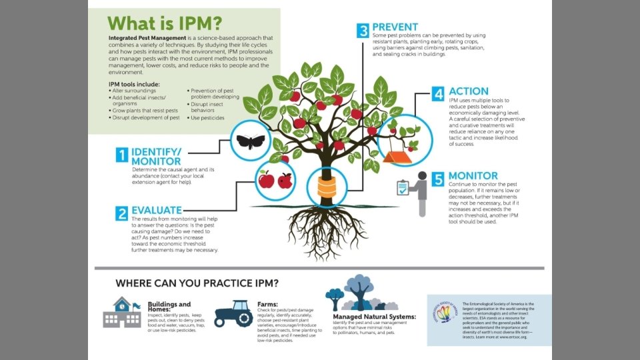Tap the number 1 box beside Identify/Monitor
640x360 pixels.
tap(121, 155)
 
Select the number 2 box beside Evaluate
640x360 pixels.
tap(121, 213)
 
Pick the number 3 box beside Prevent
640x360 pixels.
tap(363, 31)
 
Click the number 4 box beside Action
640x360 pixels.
tap(437, 93)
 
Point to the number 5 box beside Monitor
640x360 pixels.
tap(437, 179)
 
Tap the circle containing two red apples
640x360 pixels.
tap(275, 179)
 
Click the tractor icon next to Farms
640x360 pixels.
tap(233, 313)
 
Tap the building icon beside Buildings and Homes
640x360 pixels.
tap(121, 313)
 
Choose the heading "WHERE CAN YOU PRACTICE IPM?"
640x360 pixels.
tap(197, 283)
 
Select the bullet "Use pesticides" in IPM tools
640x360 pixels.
tap(207, 118)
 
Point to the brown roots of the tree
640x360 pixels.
tap(327, 227)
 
